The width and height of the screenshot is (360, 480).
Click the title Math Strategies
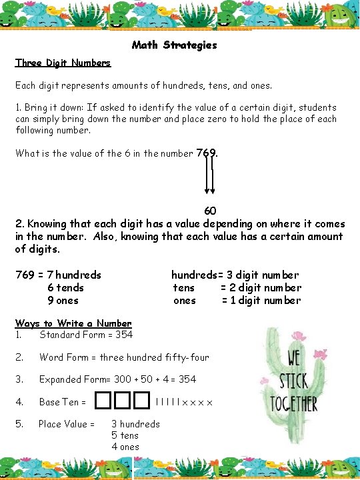coord(175,45)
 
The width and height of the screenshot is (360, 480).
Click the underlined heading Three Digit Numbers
coord(63,63)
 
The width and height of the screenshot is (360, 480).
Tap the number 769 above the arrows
coord(207,153)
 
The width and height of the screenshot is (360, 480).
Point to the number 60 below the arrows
coord(209,212)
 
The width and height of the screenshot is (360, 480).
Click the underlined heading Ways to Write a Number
coord(73,323)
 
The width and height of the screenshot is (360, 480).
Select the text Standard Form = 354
coord(86,335)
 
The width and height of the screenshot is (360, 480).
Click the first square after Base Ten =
coord(104,401)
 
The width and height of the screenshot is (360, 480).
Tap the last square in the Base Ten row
coord(140,401)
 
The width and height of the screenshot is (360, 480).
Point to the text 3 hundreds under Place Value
coord(135,424)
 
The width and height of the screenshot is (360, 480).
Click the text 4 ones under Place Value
coord(125,447)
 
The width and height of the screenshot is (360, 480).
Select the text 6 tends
coord(65,288)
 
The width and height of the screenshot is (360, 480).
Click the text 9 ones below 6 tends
coord(63,301)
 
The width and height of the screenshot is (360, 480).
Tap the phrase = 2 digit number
coord(261,288)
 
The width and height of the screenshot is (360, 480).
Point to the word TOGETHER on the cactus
coord(294,403)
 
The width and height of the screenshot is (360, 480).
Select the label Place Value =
coord(66,424)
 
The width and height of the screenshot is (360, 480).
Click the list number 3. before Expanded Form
coord(19,379)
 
